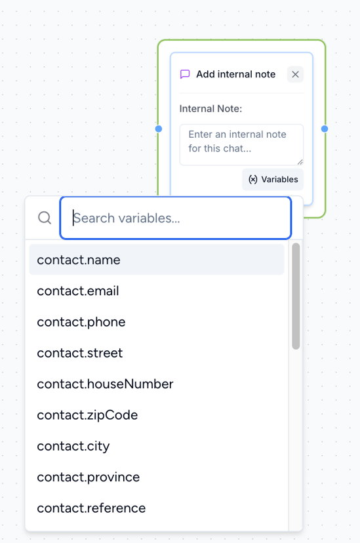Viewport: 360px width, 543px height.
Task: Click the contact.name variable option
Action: pyautogui.click(x=157, y=260)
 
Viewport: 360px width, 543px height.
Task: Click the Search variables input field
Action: pyautogui.click(x=176, y=218)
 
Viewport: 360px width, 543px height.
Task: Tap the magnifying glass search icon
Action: pyautogui.click(x=45, y=218)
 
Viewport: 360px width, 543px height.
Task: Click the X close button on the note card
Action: pyautogui.click(x=295, y=74)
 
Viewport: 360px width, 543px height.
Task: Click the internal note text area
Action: pyautogui.click(x=241, y=145)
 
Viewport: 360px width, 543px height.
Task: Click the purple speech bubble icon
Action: pyautogui.click(x=185, y=74)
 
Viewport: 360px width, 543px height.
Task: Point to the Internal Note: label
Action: pyautogui.click(x=210, y=109)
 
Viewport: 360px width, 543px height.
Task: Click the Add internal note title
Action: pyautogui.click(x=235, y=74)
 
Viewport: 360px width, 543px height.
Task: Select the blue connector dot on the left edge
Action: pyautogui.click(x=159, y=129)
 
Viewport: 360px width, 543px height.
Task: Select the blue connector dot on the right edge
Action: pyautogui.click(x=325, y=129)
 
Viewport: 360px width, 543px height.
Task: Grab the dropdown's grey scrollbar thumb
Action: pyautogui.click(x=296, y=296)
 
